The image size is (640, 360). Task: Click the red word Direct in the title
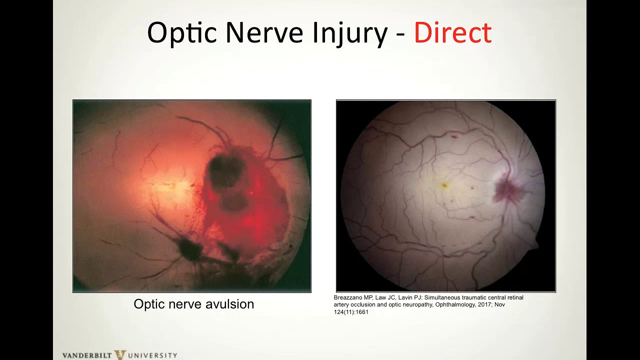pos(452,33)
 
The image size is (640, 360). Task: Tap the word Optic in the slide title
pos(182,33)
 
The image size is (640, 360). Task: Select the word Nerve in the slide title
pos(264,33)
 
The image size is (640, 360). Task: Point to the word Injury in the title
pos(350,33)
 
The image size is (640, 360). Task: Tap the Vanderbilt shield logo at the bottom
pos(120,355)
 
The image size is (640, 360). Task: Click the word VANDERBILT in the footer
pos(87,355)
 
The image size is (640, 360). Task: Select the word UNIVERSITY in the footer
pos(152,355)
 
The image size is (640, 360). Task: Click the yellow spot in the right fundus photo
pos(444,185)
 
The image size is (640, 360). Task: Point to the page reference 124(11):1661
pos(351,312)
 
